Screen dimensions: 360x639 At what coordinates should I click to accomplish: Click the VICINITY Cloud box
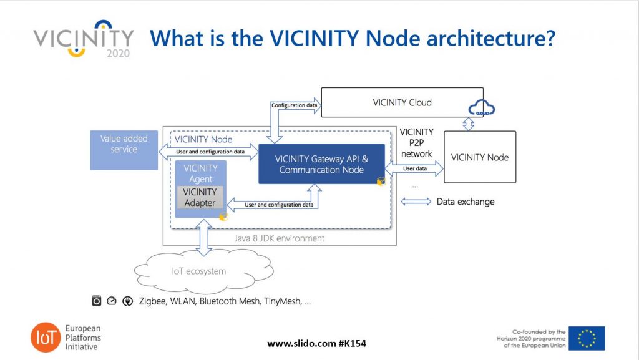pos(402,103)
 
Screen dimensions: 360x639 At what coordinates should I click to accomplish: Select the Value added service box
pos(124,150)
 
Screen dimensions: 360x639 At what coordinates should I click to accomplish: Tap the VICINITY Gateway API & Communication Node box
pos(321,163)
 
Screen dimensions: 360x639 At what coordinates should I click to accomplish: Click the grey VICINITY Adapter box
pos(200,197)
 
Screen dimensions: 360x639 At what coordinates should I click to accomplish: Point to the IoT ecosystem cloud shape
pos(198,271)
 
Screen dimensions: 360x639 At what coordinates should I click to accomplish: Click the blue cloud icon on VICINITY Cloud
pos(481,109)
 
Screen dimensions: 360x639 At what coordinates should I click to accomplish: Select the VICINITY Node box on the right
pos(479,157)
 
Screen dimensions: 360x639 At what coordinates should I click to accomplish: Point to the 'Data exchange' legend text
pos(465,202)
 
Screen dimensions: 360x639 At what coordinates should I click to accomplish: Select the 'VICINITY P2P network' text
pos(416,143)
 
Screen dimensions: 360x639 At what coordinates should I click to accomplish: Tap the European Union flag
pos(586,338)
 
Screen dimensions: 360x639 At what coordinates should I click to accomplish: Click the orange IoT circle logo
pos(46,338)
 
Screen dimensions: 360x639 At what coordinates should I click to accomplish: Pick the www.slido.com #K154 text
pos(321,344)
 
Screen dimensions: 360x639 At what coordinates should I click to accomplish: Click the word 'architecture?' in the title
pos(491,38)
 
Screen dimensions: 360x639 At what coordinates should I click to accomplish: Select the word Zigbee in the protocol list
pos(154,301)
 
